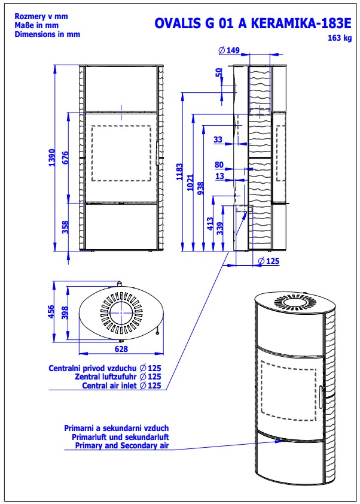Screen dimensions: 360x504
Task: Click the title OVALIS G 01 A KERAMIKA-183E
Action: [253, 23]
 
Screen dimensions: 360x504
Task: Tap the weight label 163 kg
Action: [340, 38]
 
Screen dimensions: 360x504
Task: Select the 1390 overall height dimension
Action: [51, 158]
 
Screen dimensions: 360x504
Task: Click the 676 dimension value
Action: [65, 158]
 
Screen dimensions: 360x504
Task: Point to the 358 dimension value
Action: [65, 227]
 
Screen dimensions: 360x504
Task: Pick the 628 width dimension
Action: [121, 349]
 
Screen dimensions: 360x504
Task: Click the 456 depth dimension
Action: [51, 312]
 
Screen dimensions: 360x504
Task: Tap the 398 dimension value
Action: [65, 313]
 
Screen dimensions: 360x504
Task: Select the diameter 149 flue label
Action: [229, 50]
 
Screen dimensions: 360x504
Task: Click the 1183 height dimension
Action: [179, 172]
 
